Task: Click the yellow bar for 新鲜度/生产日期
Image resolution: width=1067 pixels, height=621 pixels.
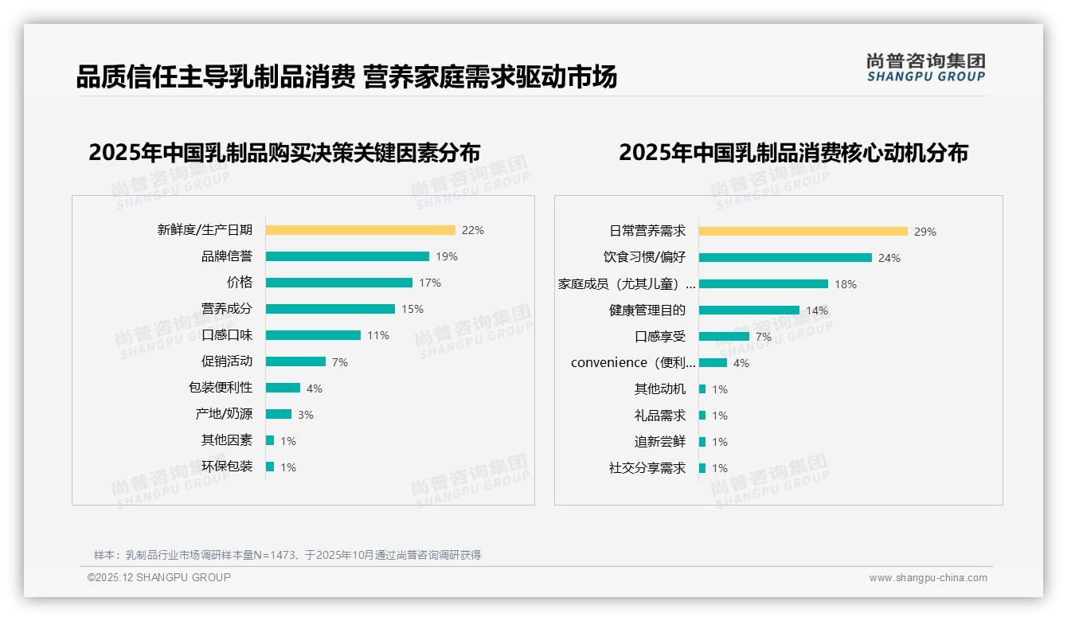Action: [x=360, y=230]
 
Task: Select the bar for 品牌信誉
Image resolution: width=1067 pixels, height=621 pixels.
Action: [x=347, y=256]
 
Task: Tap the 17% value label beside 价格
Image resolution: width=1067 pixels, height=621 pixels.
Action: [x=430, y=283]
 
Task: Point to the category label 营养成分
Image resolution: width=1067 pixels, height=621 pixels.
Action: [x=227, y=309]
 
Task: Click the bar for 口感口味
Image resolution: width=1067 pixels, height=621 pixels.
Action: [x=313, y=335]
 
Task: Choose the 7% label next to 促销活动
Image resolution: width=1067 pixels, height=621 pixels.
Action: [x=340, y=362]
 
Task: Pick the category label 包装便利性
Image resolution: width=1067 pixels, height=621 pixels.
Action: [x=221, y=388]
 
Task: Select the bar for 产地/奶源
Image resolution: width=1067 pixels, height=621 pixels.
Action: [x=279, y=414]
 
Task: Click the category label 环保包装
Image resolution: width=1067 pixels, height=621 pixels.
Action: [x=227, y=467]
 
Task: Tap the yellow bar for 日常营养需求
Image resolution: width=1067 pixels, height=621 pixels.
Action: [x=803, y=232]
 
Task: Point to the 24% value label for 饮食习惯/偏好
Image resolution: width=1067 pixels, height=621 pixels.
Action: [x=889, y=258]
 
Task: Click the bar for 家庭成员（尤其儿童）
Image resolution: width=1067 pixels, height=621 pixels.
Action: [x=763, y=284]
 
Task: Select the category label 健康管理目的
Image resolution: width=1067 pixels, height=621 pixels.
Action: [x=647, y=310]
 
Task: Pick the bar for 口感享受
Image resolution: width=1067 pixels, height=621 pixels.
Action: [x=724, y=337]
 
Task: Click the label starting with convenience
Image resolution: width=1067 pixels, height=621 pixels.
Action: [x=633, y=363]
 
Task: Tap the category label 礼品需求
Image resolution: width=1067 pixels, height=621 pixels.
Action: [x=660, y=416]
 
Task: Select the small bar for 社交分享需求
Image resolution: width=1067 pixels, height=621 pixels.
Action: [x=702, y=468]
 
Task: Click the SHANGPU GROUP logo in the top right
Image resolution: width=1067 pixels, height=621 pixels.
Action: [x=926, y=68]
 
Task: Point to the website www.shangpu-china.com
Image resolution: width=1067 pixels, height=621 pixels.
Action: [x=928, y=578]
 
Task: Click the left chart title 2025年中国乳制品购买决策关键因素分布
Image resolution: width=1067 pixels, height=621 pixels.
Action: [x=284, y=153]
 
